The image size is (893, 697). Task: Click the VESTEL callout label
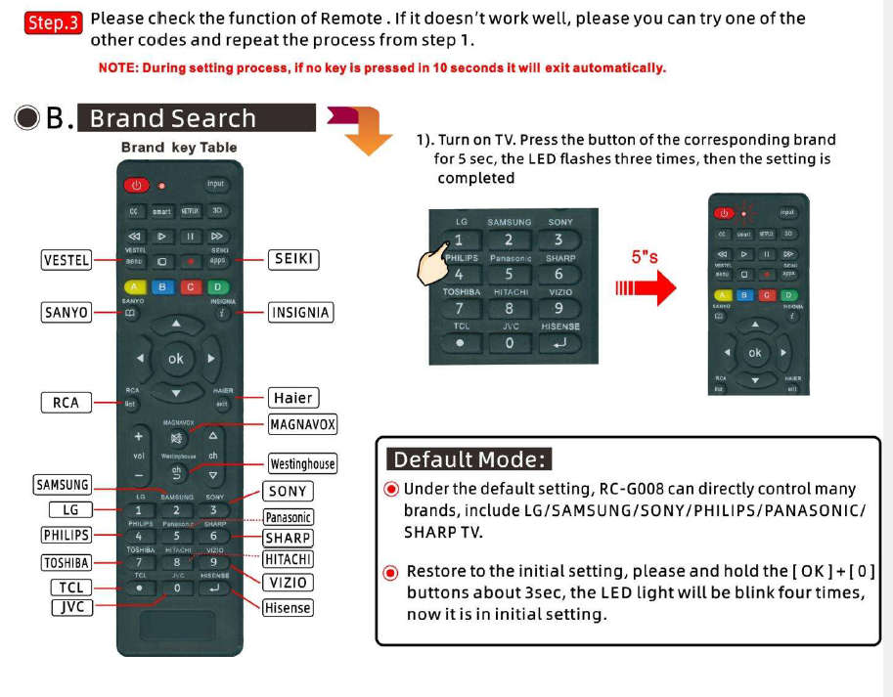coord(67,260)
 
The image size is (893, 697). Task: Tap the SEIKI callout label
coord(293,259)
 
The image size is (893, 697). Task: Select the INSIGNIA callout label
coord(300,313)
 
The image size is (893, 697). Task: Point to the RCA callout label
coord(66,402)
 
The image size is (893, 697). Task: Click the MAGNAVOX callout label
coord(302,424)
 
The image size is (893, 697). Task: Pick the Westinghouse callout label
coord(302,463)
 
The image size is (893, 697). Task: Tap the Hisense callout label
coord(288,607)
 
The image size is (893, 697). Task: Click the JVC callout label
coord(71,607)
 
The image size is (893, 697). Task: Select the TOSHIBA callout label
coord(67,562)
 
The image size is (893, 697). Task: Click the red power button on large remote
coord(136,185)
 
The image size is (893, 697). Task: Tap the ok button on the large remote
coord(175,359)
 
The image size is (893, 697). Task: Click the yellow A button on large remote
coord(136,286)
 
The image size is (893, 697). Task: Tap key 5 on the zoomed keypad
coord(509,275)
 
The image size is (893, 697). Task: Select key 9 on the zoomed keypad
coord(558,309)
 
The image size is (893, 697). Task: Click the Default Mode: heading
coord(469,459)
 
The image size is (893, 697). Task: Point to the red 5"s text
coord(645,257)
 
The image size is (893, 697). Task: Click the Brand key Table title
coord(179,148)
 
